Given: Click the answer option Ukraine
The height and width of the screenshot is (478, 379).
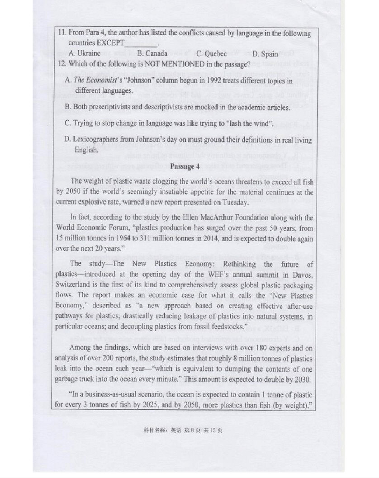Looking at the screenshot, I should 88,54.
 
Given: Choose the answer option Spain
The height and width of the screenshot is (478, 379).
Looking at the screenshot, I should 265,54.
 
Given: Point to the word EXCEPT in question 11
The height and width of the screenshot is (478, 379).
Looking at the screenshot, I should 110,43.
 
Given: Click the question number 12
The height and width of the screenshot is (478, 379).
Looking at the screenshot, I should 62,64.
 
